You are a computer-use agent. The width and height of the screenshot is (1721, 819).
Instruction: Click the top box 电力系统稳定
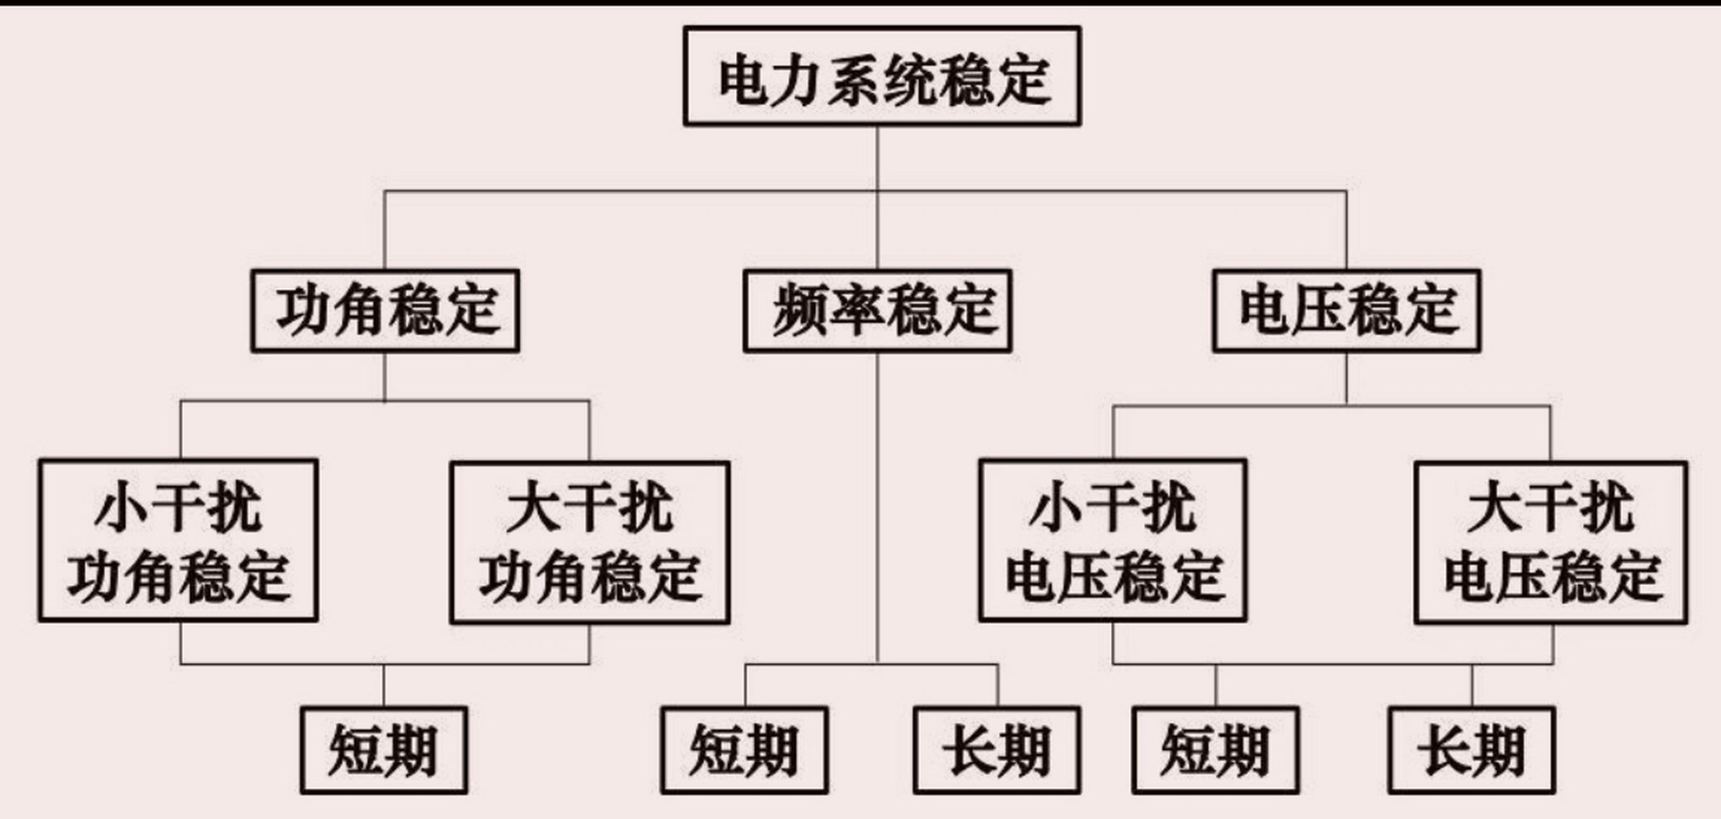[882, 76]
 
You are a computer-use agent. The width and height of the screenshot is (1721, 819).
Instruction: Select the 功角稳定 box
[385, 311]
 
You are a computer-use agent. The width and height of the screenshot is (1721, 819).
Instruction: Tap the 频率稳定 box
[877, 311]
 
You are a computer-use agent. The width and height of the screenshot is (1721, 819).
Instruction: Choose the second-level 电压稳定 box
[1347, 311]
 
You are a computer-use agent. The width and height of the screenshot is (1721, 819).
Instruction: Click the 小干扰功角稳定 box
[178, 541]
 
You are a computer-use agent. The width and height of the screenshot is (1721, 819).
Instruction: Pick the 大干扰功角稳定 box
[590, 542]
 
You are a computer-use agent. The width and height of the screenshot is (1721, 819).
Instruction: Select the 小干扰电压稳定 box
[1113, 541]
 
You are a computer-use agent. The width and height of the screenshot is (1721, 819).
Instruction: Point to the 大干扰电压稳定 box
[1551, 542]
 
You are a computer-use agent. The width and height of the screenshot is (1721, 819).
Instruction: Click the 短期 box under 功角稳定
[384, 750]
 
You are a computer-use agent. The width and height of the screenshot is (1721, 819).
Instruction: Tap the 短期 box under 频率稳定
[745, 750]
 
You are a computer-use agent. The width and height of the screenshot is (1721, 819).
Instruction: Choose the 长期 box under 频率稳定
[997, 750]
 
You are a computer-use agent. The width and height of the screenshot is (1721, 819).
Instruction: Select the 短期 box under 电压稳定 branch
[1216, 750]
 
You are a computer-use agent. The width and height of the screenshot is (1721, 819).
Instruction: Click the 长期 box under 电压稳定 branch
[1472, 750]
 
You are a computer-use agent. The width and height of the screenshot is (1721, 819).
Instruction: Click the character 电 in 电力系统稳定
[743, 81]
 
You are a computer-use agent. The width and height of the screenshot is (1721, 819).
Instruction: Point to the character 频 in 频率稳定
[798, 311]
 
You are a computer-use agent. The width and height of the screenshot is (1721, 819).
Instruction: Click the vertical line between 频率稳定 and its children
[877, 508]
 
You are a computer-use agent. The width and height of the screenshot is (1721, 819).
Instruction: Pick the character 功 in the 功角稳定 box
[302, 311]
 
